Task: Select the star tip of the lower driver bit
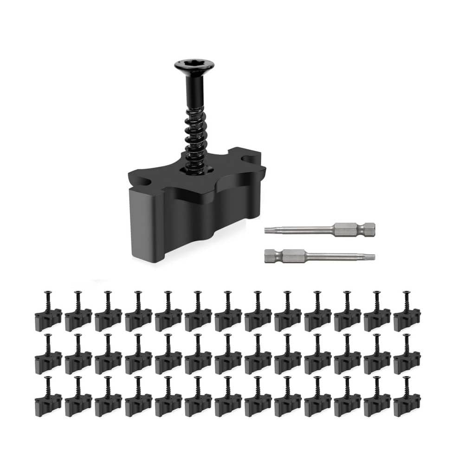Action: point(371,255)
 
